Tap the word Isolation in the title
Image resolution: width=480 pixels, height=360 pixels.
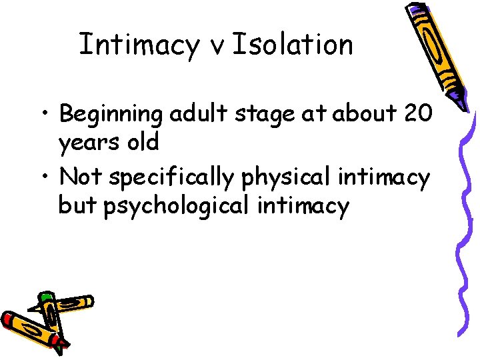(x=293, y=45)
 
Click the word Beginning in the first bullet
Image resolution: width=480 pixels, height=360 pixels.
(x=111, y=115)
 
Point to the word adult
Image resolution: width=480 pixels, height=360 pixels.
(x=193, y=114)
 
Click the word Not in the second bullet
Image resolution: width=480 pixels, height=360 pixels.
(x=81, y=177)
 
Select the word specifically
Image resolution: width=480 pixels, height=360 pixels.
(x=171, y=178)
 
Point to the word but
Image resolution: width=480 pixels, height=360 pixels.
(x=78, y=206)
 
